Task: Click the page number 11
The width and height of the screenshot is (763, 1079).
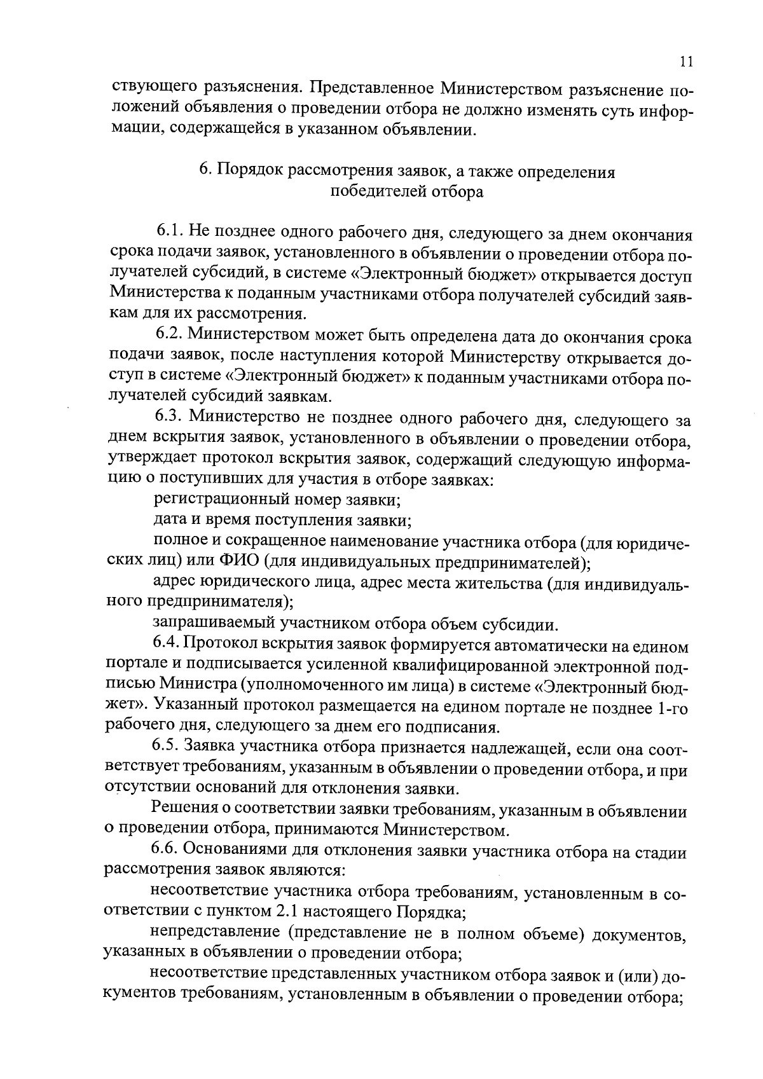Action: pyautogui.click(x=685, y=62)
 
